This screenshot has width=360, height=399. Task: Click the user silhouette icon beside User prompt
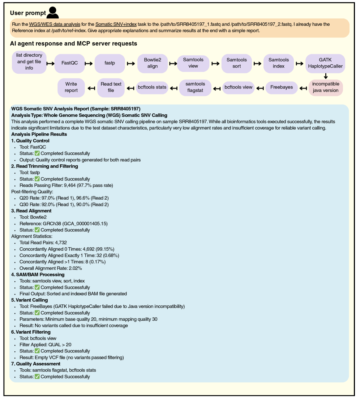53,12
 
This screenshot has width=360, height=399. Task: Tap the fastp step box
110,63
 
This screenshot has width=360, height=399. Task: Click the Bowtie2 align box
152,63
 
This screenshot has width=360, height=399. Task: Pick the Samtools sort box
237,63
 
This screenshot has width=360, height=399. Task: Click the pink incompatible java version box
326,87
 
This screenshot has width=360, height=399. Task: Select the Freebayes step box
282,87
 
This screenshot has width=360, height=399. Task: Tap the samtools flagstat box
195,87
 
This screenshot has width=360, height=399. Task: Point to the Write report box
71,87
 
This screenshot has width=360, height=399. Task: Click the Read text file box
111,87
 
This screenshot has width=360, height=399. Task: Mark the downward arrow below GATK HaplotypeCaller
326,76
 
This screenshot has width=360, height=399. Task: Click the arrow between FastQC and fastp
89,63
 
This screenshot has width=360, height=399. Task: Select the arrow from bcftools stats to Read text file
130,87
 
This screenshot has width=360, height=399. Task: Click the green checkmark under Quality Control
37,153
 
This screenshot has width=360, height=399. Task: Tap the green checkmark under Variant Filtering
37,351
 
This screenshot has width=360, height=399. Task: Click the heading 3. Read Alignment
31,211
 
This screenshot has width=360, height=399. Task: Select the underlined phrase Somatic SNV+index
116,25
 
